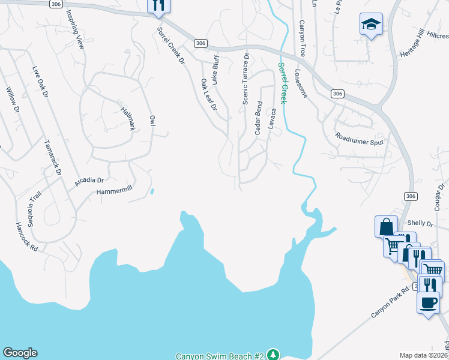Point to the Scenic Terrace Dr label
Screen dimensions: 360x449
coord(246,79)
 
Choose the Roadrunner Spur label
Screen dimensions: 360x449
coord(360,140)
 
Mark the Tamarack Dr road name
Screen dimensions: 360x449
coord(53,157)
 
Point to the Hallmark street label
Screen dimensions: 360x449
coord(128,118)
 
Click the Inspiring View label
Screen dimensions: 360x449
coord(74,28)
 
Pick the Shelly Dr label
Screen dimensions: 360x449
coord(420,223)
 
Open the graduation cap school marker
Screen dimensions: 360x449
coord(371,25)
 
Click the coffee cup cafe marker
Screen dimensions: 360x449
coord(428,302)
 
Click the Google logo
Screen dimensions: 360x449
coord(20,353)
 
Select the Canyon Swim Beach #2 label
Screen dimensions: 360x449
coord(220,356)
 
